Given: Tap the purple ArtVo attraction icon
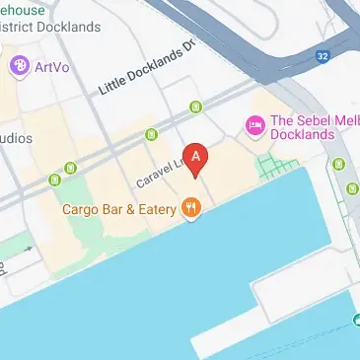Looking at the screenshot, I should [18, 67].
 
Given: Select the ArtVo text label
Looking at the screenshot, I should [52, 67].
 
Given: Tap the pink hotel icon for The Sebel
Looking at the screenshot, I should [253, 125].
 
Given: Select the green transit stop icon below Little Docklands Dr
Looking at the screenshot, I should [195, 106].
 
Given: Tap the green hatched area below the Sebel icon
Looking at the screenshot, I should [267, 166].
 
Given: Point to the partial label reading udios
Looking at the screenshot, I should [16, 137].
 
